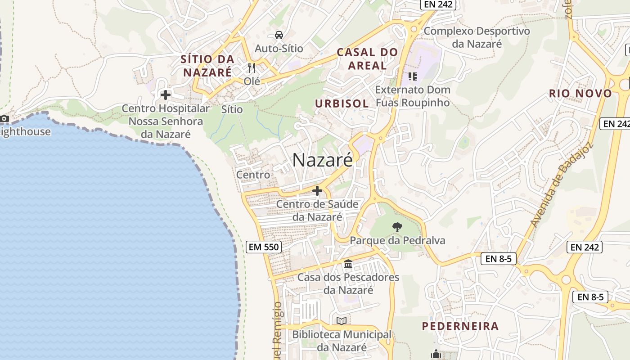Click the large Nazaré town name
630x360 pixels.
(x=323, y=160)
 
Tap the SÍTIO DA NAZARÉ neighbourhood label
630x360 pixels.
(x=207, y=65)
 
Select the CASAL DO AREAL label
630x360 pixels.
(x=367, y=58)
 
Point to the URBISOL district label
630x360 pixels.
(x=342, y=103)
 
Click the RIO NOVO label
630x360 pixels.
(x=580, y=94)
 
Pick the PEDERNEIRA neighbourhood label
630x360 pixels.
(x=460, y=326)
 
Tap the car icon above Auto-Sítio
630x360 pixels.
(x=279, y=35)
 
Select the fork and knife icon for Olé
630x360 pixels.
(x=252, y=68)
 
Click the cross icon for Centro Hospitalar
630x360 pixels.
(x=166, y=95)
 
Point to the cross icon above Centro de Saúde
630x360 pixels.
(x=317, y=191)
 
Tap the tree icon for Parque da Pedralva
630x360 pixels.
(x=397, y=227)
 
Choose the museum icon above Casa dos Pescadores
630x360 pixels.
(x=348, y=264)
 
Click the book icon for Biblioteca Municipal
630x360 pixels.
(x=342, y=321)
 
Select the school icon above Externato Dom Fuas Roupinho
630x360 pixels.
(x=413, y=76)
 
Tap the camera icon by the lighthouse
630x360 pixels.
(x=4, y=119)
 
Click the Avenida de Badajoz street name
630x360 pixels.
(x=562, y=184)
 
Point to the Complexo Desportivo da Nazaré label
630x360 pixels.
(x=477, y=37)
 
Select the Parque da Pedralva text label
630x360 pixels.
(x=397, y=240)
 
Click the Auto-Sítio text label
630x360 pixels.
(x=279, y=48)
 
